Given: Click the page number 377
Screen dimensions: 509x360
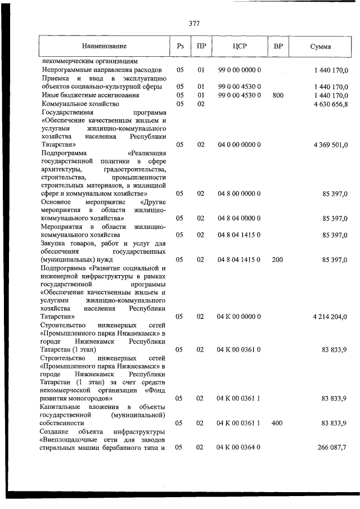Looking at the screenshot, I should (194, 24).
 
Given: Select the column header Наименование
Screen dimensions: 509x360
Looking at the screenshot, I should (104, 47).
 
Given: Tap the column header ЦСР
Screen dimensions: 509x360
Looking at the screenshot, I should (240, 47).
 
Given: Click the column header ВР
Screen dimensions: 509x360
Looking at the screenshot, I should (278, 46).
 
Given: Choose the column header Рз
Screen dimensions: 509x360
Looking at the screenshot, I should (180, 47).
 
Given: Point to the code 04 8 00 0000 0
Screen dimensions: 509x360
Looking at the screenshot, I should (239, 193).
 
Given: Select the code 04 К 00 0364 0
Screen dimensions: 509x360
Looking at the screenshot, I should (239, 448).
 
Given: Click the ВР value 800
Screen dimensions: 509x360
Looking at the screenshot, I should (278, 96).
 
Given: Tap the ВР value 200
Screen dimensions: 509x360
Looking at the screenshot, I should (277, 260).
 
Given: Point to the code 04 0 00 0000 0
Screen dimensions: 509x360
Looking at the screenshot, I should (239, 145).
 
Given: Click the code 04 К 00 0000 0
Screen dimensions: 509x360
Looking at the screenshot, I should (239, 317).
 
